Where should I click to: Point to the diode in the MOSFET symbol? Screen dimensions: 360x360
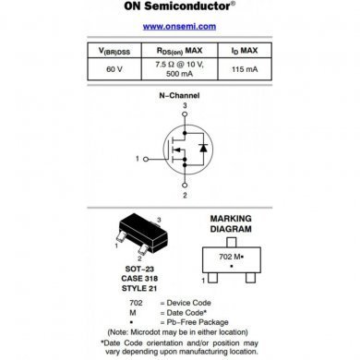pyautogui.click(x=204, y=148)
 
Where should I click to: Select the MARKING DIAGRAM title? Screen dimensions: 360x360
pyautogui.click(x=231, y=225)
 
